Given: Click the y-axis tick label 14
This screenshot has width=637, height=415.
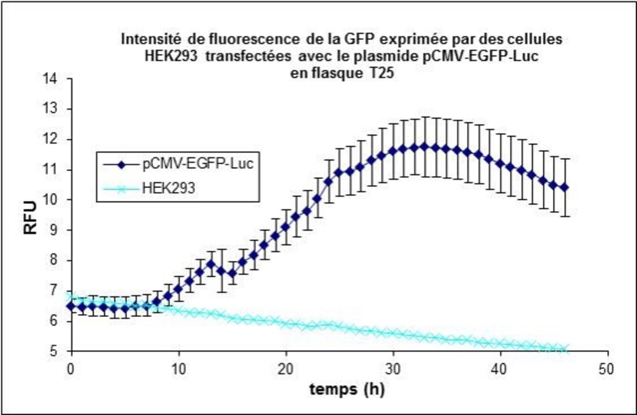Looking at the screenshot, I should [55, 79].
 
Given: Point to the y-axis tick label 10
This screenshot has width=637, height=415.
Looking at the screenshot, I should [55, 200].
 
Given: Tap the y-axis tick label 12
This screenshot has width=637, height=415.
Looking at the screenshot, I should [55, 140].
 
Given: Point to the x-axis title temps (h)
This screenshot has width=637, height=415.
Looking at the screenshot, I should [347, 390].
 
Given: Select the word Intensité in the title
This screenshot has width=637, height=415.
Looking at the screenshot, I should [145, 39].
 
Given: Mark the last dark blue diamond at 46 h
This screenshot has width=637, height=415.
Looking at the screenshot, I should [565, 188].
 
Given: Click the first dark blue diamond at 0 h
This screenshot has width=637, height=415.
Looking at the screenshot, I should [71, 306].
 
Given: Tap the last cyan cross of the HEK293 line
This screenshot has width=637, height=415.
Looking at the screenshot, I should [565, 350].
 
